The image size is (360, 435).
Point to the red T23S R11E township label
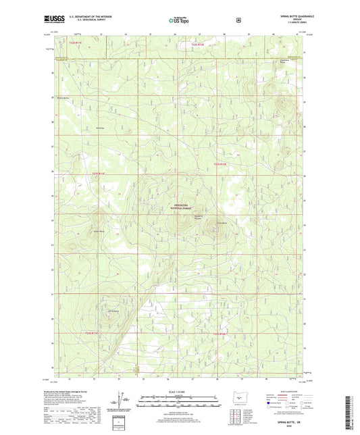point(99,173)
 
